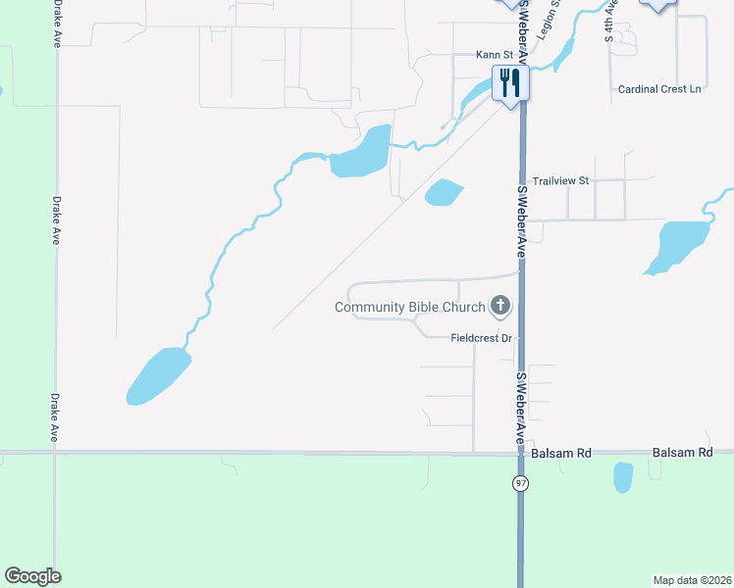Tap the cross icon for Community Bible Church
500,307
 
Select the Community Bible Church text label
409,307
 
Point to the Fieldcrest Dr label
482,338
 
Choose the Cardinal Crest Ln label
659,89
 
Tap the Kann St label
494,55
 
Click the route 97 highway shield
520,483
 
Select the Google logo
32,576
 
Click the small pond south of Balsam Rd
623,477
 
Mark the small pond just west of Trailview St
444,193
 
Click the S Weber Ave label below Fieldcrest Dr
521,408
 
